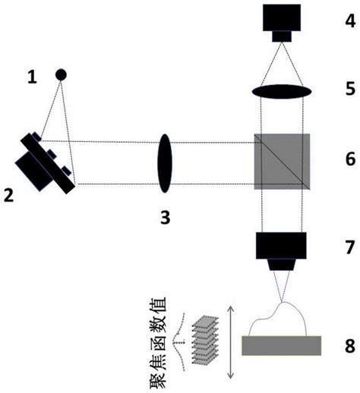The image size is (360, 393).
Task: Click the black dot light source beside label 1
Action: point(61,74)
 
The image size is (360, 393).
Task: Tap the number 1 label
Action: point(32,77)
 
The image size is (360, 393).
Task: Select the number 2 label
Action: point(9,196)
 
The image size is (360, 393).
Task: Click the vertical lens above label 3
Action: point(165,163)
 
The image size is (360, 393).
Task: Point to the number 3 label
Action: point(165,218)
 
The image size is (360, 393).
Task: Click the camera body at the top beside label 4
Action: point(282,17)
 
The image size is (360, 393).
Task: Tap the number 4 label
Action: point(350,20)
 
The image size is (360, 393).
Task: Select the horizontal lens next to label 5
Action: point(282,91)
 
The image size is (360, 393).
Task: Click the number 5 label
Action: point(351,89)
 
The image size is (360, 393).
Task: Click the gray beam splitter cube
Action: point(282,162)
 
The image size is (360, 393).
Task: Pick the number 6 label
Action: point(351,159)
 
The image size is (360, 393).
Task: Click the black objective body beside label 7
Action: point(281,246)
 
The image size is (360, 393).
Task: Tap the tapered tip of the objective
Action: point(282,265)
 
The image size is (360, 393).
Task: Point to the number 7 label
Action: point(350,247)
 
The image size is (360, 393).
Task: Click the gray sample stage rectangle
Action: point(282,346)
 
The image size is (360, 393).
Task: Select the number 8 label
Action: point(350,346)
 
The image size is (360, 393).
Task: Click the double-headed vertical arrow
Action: point(230,342)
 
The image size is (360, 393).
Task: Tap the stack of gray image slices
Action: point(205,340)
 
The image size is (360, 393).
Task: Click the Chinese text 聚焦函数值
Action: point(158,343)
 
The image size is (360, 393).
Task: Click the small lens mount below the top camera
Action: point(282,36)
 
